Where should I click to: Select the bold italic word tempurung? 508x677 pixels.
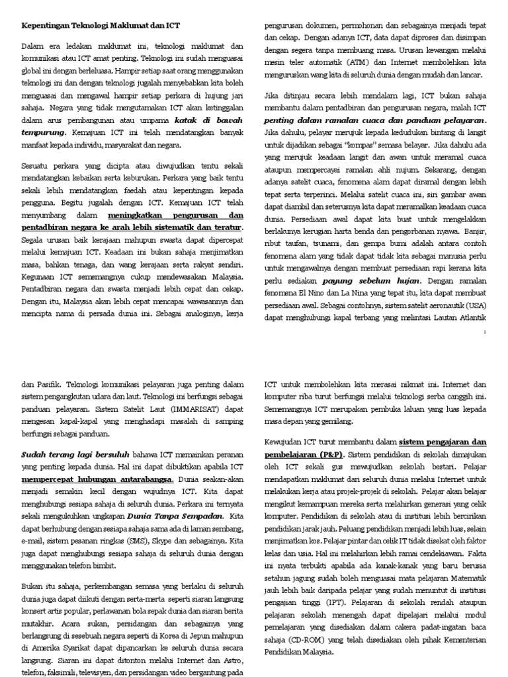point(44,132)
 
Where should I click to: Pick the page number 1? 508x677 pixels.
point(486,332)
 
